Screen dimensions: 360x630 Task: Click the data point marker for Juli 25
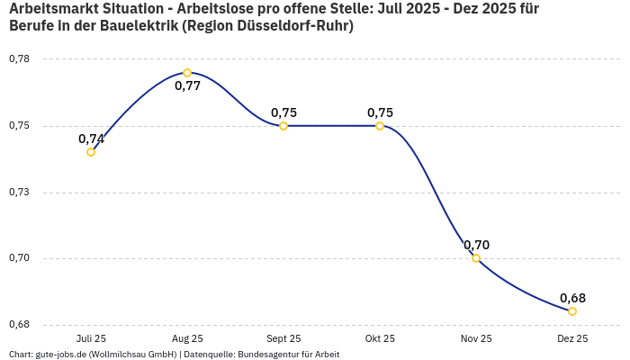pyautogui.click(x=91, y=152)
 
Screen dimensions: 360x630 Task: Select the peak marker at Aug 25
pyautogui.click(x=187, y=73)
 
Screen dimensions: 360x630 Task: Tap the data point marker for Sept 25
pyautogui.click(x=283, y=126)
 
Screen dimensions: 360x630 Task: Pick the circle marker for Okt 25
pyautogui.click(x=380, y=126)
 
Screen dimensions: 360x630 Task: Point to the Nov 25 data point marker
pyautogui.click(x=476, y=258)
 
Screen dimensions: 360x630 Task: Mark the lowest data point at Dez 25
pyautogui.click(x=572, y=311)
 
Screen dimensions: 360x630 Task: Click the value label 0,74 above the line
pyautogui.click(x=91, y=139)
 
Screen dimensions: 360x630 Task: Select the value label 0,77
pyautogui.click(x=187, y=86)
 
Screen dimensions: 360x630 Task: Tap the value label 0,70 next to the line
pyautogui.click(x=476, y=245)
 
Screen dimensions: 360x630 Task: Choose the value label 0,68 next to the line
pyautogui.click(x=572, y=298)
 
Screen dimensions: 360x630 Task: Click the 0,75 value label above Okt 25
pyautogui.click(x=380, y=112)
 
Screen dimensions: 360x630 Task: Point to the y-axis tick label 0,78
pyautogui.click(x=19, y=59)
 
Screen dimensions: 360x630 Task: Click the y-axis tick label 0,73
pyautogui.click(x=19, y=193)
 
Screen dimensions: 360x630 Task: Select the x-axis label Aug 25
pyautogui.click(x=187, y=338)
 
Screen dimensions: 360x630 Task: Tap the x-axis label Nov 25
pyautogui.click(x=476, y=338)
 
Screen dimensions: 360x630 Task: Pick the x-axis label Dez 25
pyautogui.click(x=572, y=338)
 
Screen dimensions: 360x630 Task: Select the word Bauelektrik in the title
pyautogui.click(x=136, y=26)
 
